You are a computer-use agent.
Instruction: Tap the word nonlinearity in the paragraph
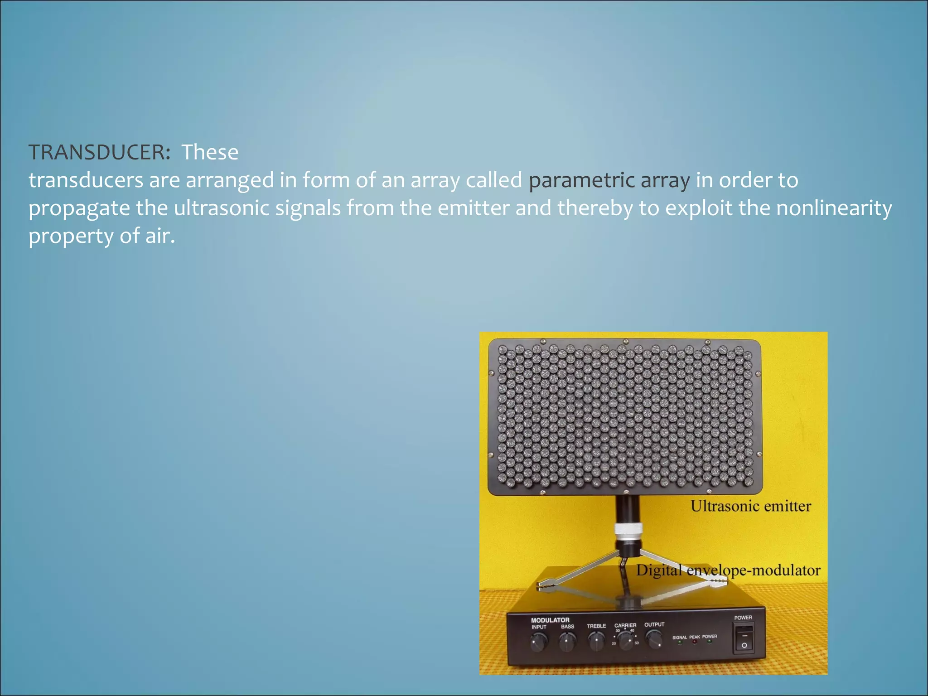pyautogui.click(x=834, y=208)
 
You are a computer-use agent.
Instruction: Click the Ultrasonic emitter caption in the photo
pyautogui.click(x=750, y=506)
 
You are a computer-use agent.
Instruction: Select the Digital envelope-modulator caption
pyautogui.click(x=728, y=570)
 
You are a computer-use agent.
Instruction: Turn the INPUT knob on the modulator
pyautogui.click(x=538, y=642)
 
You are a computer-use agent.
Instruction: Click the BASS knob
pyautogui.click(x=567, y=642)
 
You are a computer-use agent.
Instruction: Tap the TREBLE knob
pyautogui.click(x=596, y=642)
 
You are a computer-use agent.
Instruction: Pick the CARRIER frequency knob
pyautogui.click(x=626, y=641)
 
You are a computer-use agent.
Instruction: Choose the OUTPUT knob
pyautogui.click(x=654, y=640)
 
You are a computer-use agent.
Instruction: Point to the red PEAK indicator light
pyautogui.click(x=695, y=642)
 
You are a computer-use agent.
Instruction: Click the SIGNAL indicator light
pyautogui.click(x=680, y=643)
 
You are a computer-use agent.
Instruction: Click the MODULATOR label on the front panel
pyautogui.click(x=550, y=620)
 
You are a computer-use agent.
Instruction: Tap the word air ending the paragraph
pyautogui.click(x=159, y=236)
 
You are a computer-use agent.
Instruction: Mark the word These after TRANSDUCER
pyautogui.click(x=210, y=152)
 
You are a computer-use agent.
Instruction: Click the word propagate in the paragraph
pyautogui.click(x=79, y=209)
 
